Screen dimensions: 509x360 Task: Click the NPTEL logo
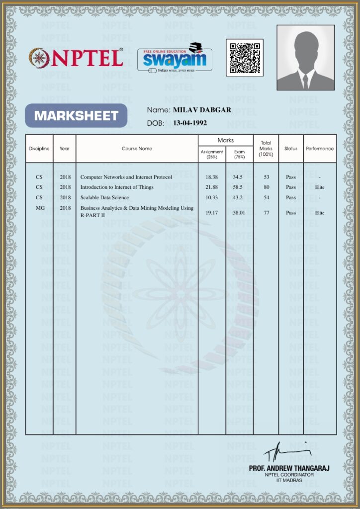click(x=76, y=58)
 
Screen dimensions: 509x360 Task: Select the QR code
click(x=245, y=58)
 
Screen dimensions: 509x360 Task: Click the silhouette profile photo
click(x=305, y=58)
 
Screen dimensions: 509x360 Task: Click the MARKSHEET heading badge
click(x=76, y=116)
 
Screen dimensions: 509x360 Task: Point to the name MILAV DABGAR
click(x=202, y=110)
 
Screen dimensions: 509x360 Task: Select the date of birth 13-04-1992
click(x=190, y=123)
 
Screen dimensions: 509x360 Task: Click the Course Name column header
click(x=137, y=149)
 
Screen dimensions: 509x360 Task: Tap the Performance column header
click(x=320, y=149)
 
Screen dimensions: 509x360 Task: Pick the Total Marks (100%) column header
click(x=266, y=148)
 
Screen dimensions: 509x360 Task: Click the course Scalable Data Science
click(x=104, y=197)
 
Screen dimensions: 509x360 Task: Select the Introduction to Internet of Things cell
click(x=117, y=187)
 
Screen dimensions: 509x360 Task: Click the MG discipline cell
click(x=40, y=208)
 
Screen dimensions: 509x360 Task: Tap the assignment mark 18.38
click(x=211, y=177)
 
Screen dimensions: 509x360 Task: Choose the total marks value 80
click(x=267, y=187)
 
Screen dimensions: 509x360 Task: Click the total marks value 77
click(x=267, y=213)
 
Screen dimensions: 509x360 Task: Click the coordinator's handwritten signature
click(x=286, y=451)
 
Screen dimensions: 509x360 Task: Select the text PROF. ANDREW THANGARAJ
click(x=289, y=468)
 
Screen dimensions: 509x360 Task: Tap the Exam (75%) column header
click(x=239, y=154)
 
